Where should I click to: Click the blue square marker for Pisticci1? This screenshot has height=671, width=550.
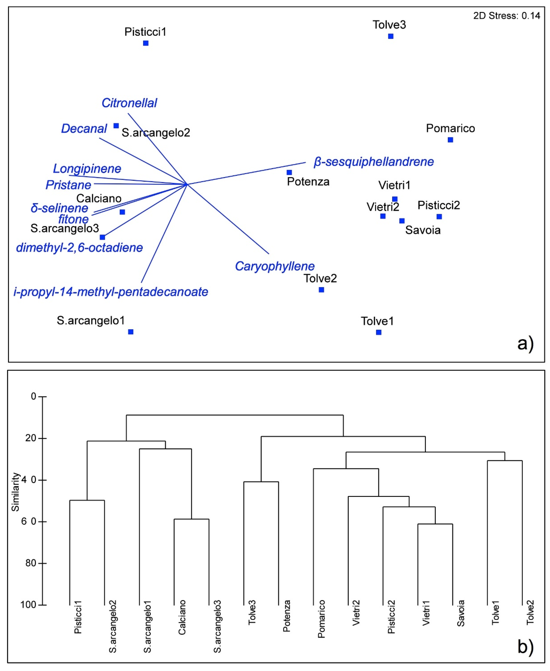tap(146, 43)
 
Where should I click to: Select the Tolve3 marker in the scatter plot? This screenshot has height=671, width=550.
tap(391, 36)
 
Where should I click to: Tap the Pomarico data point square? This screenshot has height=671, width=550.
tap(450, 140)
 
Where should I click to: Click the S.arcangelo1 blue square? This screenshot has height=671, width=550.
tap(131, 332)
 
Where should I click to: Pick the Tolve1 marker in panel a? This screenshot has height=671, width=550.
tap(379, 332)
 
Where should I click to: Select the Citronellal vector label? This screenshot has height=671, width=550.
tap(129, 103)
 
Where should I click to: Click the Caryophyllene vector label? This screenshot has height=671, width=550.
tap(275, 266)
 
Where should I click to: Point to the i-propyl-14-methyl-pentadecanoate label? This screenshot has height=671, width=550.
tap(111, 292)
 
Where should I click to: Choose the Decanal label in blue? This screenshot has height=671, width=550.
tap(84, 129)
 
